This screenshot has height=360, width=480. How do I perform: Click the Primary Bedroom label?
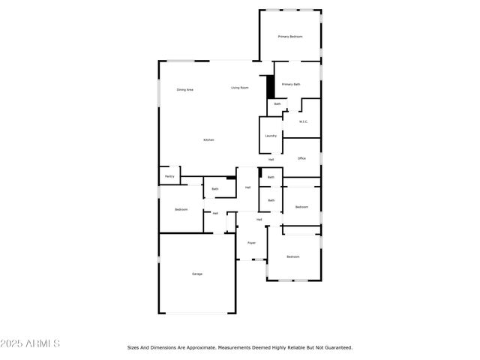[290, 36]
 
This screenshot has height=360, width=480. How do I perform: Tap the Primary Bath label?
[291, 85]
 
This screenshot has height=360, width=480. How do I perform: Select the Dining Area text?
[185, 90]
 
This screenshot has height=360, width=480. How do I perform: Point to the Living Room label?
[240, 88]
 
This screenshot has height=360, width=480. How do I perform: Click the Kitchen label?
[208, 140]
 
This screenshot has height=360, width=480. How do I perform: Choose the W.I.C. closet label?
[304, 121]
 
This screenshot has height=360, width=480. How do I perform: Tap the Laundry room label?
[271, 136]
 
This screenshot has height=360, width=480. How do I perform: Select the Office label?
[301, 158]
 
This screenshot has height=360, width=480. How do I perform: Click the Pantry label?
[169, 176]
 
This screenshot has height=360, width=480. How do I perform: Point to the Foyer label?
[252, 243]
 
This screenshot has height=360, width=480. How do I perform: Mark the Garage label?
[196, 274]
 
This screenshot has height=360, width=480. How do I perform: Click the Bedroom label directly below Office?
[301, 207]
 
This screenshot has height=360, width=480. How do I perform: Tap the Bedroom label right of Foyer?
[292, 257]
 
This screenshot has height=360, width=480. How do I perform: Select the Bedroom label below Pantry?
[181, 209]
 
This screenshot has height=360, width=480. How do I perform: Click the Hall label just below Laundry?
[271, 159]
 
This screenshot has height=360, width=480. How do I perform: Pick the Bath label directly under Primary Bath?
[277, 103]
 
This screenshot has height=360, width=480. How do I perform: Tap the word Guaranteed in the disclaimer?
[337, 347]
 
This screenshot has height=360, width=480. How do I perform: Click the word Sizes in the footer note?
[133, 347]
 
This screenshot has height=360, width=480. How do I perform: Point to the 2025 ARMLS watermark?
[31, 343]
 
